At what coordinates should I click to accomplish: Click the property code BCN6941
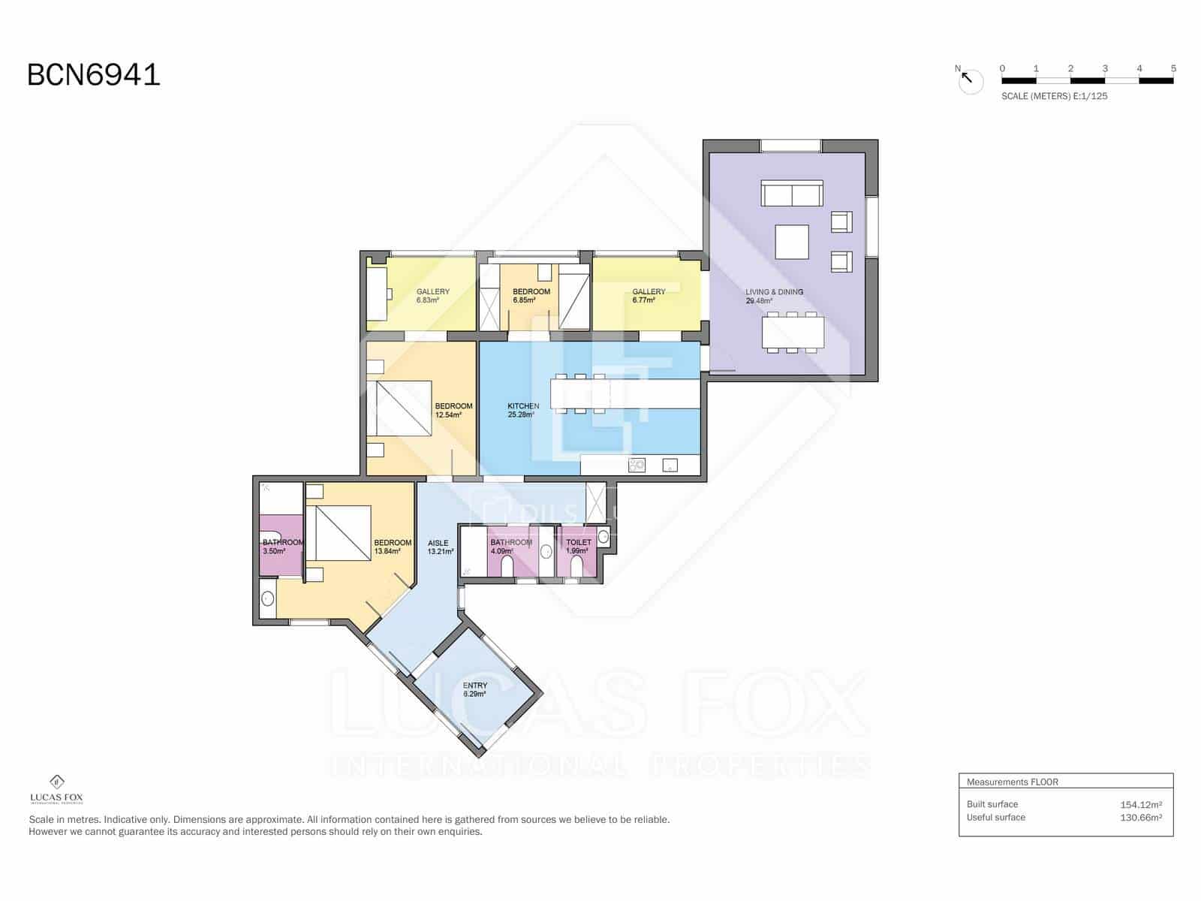94,75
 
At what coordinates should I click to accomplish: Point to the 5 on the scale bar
1173,68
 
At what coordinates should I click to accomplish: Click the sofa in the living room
792,193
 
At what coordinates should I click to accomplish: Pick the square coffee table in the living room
792,242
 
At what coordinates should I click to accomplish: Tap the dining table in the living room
793,332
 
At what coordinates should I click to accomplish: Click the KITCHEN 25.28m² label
523,410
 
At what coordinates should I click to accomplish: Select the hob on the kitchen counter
637,466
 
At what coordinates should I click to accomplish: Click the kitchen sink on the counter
670,466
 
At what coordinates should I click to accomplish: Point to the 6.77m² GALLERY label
649,296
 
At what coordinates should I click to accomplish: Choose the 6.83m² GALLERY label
433,296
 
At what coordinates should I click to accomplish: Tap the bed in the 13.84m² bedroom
343,533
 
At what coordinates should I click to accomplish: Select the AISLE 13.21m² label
440,547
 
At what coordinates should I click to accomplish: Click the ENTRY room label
474,689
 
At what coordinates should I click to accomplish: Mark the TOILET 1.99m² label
578,546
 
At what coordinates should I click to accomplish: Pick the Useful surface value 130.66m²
1140,818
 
